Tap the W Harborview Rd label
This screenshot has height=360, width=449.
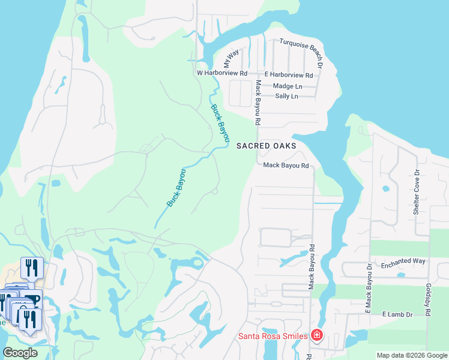click(x=222, y=73)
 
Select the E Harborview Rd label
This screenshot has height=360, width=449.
click(x=289, y=75)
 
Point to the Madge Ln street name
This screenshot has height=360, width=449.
click(x=288, y=86)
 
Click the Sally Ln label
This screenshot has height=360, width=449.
click(x=286, y=96)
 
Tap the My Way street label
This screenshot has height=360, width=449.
click(x=231, y=58)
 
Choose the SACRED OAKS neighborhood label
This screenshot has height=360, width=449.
click(x=266, y=145)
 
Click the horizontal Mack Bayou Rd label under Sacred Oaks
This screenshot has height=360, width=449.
click(x=286, y=166)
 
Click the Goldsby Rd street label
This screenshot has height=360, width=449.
click(x=428, y=300)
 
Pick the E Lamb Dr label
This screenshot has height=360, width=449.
click(x=397, y=314)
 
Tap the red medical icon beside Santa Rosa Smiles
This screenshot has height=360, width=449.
click(x=316, y=335)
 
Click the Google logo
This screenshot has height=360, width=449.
click(x=20, y=353)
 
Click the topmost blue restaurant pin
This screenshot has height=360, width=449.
click(x=32, y=267)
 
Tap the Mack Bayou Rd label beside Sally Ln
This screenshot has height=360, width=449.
click(x=257, y=102)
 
